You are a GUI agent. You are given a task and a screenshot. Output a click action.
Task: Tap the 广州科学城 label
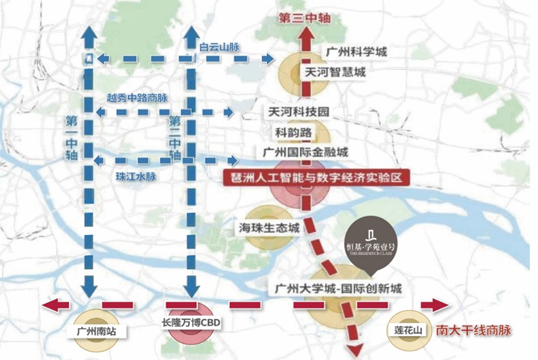tap(357, 53)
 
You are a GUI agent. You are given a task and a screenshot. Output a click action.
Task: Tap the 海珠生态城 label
tap(270, 228)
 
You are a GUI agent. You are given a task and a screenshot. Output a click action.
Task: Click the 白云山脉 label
tap(221, 45)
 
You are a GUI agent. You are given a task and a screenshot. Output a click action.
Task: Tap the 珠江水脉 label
tap(135, 177)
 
